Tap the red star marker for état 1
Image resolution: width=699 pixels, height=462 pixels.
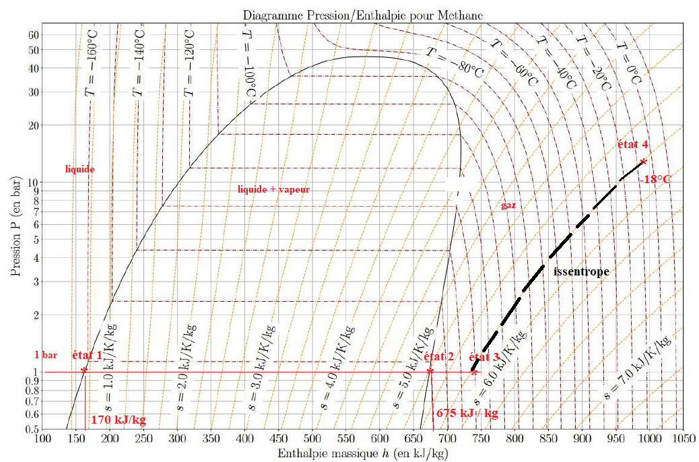click(x=84, y=370)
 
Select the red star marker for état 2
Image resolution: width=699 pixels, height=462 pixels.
click(x=430, y=371)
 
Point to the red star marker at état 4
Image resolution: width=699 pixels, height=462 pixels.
click(x=644, y=161)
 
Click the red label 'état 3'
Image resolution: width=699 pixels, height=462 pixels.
click(x=484, y=358)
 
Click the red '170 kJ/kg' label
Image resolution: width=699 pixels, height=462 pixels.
click(x=118, y=420)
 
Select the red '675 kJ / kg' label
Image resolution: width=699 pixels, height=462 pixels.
click(x=467, y=413)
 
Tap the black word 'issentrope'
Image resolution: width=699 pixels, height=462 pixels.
click(x=580, y=272)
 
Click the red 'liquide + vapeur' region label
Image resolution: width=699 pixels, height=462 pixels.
click(x=273, y=190)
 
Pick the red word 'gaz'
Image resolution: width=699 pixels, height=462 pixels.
click(x=508, y=205)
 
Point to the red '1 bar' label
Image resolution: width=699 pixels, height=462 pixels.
click(x=46, y=354)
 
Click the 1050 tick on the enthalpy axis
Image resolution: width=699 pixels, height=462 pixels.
click(x=683, y=439)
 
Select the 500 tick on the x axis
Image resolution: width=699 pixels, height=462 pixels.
click(x=312, y=439)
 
